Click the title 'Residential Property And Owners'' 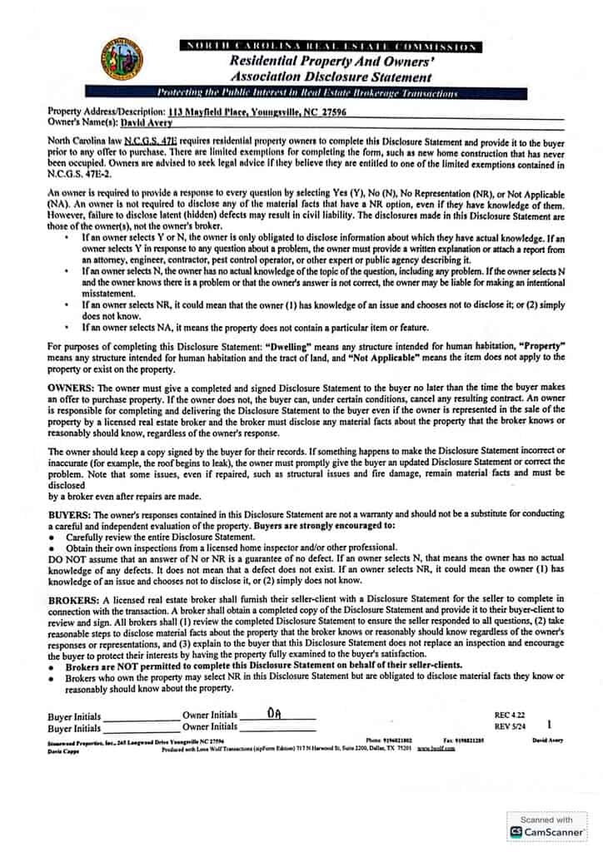(330, 62)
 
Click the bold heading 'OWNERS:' (72, 389)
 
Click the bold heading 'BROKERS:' (75, 599)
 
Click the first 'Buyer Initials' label (74, 716)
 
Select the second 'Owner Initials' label (210, 727)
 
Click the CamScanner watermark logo (547, 825)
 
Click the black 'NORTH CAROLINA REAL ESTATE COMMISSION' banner (330, 47)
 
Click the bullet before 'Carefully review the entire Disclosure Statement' (52, 538)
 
